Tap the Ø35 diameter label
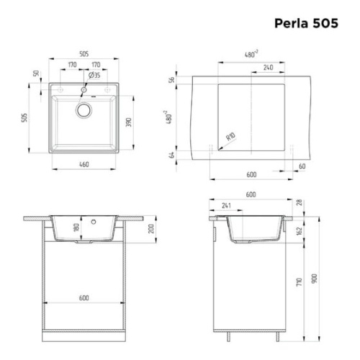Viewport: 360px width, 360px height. (x=94, y=74)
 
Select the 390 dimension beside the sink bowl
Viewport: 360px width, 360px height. (x=129, y=123)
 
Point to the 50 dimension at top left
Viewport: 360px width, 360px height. (x=34, y=75)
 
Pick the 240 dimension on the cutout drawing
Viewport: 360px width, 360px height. (x=267, y=67)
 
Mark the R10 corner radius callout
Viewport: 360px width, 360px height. (x=230, y=136)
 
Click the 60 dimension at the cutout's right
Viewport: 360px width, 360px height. (x=301, y=166)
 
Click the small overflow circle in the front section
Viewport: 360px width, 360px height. (x=93, y=222)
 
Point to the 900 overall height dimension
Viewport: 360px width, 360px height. (x=312, y=278)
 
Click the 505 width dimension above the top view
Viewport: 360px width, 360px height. (x=84, y=52)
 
